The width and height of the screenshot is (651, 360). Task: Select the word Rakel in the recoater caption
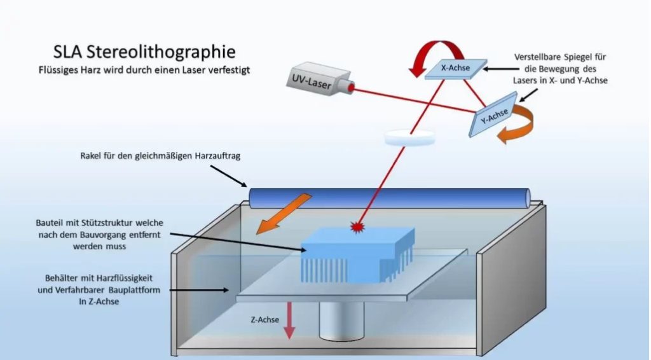coord(92,155)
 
